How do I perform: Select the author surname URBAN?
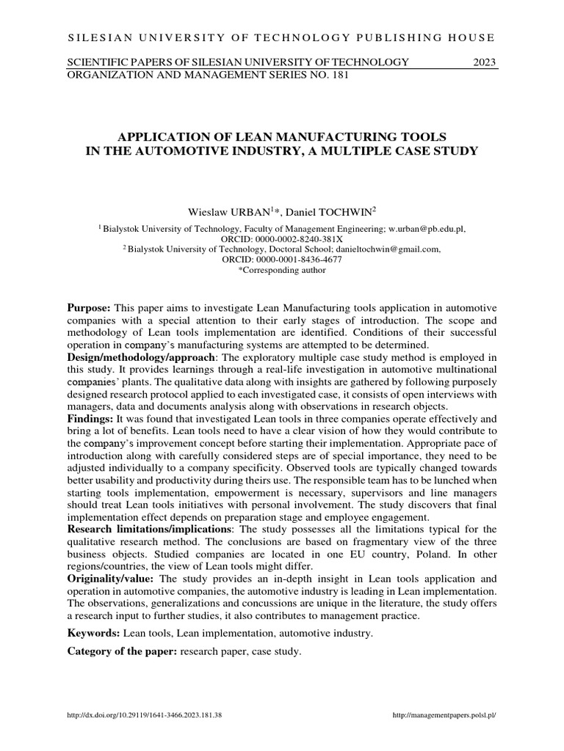(247, 212)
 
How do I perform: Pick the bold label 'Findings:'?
(90, 418)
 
